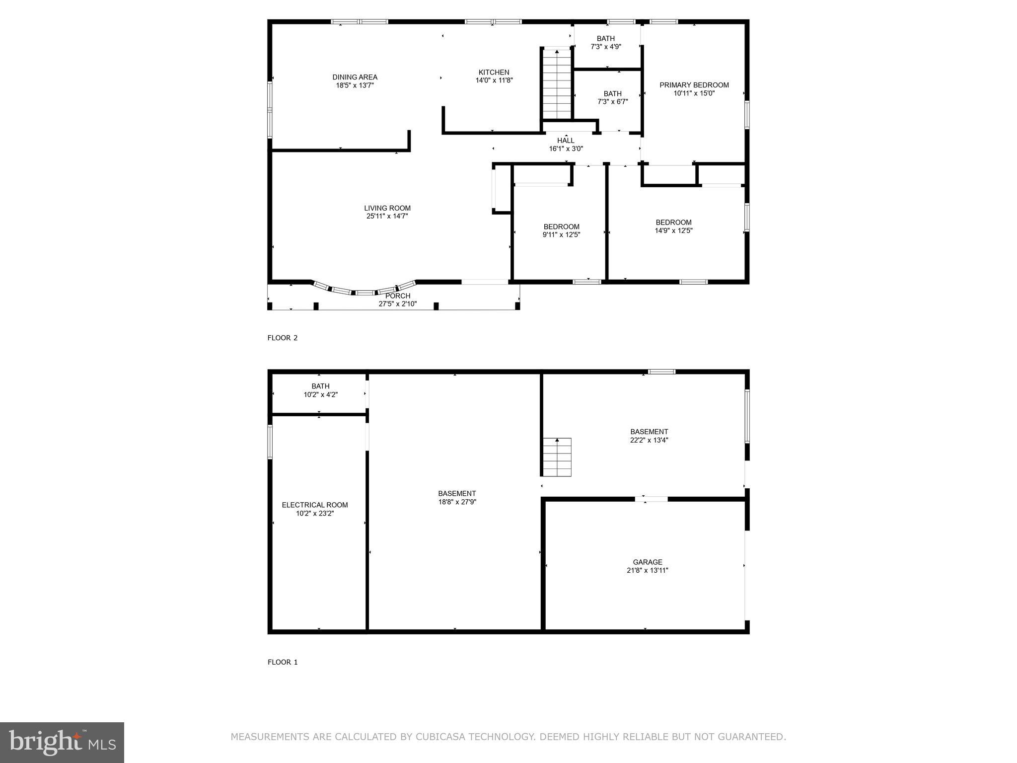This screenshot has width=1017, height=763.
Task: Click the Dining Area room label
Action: click(355, 77)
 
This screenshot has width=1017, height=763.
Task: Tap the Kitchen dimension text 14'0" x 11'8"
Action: click(494, 80)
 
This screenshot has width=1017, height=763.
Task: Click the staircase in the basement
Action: click(557, 457)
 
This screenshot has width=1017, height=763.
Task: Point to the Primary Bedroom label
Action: click(694, 85)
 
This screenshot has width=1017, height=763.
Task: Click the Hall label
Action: click(566, 141)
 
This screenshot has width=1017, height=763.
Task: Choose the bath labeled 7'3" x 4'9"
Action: click(605, 42)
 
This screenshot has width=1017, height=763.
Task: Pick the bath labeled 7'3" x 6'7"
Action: click(612, 97)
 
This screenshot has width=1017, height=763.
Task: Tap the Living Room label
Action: click(387, 208)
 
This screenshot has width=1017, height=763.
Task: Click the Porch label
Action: click(398, 296)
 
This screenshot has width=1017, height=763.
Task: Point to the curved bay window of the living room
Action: click(364, 291)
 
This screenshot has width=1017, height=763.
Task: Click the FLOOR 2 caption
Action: click(282, 338)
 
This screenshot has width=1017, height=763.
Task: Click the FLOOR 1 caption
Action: click(282, 662)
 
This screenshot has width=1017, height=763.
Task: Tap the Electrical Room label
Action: click(315, 505)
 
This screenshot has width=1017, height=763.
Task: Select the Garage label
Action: click(648, 562)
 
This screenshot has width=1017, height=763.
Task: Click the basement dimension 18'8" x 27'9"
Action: click(456, 502)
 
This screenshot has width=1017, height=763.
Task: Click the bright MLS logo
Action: click(62, 742)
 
